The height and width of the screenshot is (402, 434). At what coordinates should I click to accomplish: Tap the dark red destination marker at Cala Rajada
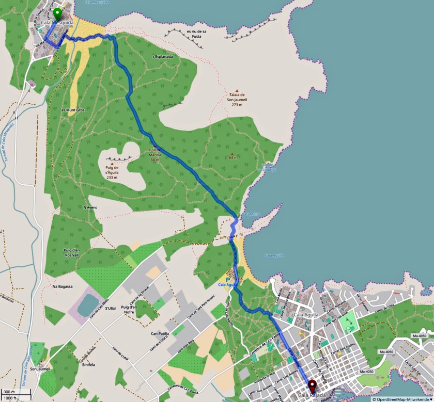tap(312, 385)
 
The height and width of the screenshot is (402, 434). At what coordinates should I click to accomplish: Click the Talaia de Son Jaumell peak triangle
tap(238, 90)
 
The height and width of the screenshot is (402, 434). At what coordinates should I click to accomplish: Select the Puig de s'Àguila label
tap(112, 172)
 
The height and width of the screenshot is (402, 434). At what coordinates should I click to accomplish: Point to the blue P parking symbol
tap(228, 279)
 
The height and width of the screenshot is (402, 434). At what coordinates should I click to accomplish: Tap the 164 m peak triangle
tap(232, 153)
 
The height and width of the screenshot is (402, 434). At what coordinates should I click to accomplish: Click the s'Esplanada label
tap(162, 57)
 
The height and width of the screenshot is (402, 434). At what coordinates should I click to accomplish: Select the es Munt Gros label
tap(73, 110)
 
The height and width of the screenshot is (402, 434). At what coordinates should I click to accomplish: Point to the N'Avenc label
tap(90, 207)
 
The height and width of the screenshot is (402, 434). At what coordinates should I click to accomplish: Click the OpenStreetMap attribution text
tap(402, 399)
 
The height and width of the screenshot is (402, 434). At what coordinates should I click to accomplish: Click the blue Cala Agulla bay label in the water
tap(274, 255)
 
